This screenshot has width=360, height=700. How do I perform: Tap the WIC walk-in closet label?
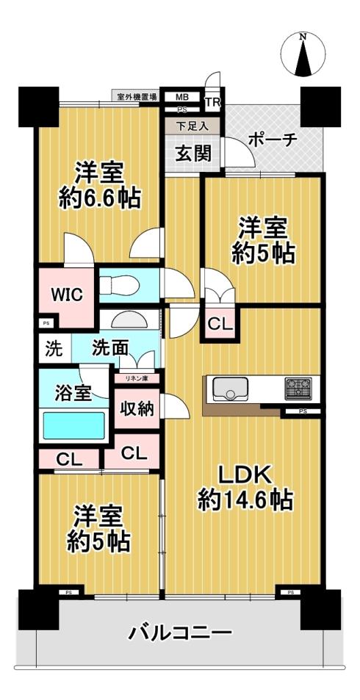point(66,295)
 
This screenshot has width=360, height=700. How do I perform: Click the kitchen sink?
point(230,389)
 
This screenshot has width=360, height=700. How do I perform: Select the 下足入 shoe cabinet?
point(192,126)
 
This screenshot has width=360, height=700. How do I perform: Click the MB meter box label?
point(181,97)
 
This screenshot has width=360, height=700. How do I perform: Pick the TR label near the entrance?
point(212,103)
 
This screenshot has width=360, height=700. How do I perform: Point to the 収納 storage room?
point(137,408)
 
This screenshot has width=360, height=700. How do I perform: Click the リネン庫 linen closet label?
point(136,378)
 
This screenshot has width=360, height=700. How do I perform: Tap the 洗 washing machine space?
point(54,349)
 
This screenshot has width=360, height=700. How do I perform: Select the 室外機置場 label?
point(137,96)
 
